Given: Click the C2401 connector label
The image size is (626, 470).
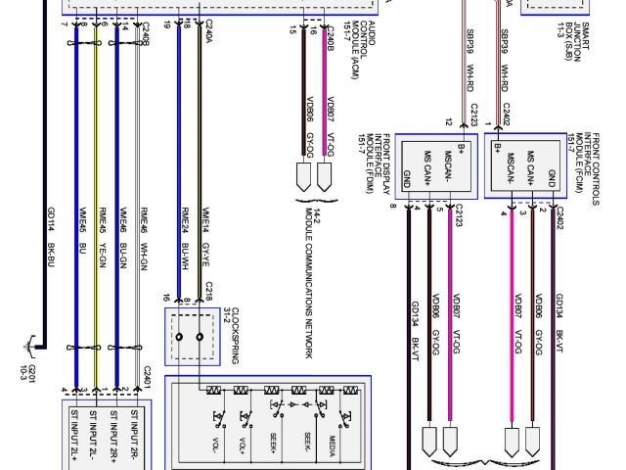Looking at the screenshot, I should click(147, 378).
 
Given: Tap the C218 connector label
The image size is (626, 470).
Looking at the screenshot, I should click(210, 291).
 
